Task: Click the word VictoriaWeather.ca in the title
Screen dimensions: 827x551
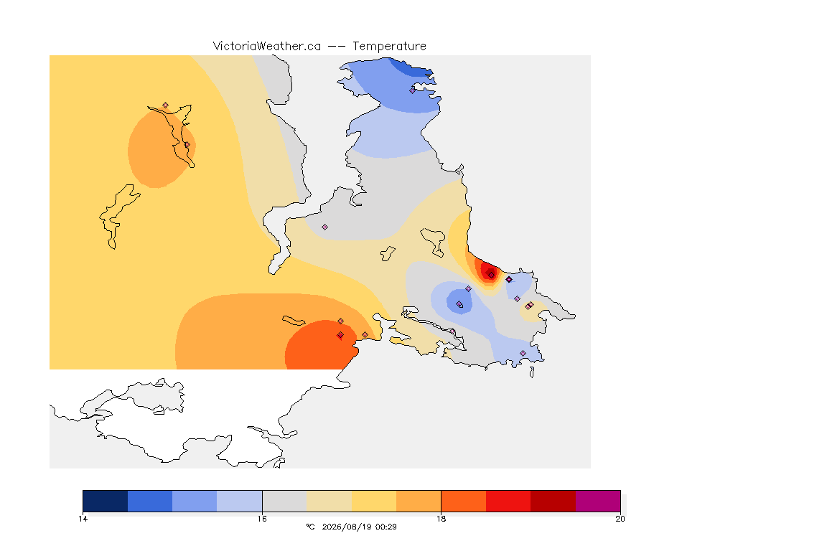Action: (267, 47)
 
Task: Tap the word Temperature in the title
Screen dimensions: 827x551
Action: (389, 47)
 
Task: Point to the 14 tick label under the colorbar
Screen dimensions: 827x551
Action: (83, 519)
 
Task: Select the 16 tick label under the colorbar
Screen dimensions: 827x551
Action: (262, 519)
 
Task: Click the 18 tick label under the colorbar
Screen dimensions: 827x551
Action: (441, 519)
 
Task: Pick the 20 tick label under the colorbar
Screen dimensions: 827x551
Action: (620, 519)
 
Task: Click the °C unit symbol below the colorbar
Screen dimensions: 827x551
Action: (310, 527)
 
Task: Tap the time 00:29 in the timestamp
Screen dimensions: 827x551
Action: (386, 527)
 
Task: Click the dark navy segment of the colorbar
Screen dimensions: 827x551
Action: (106, 501)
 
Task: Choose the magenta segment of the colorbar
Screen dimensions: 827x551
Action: (597, 501)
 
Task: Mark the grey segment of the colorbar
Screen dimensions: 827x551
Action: (284, 501)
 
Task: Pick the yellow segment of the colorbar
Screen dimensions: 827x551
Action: (374, 501)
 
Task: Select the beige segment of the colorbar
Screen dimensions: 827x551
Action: (329, 501)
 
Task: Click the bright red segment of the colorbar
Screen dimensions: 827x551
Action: (508, 501)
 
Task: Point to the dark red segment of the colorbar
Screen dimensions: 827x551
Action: (553, 501)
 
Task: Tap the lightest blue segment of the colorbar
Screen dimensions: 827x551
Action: (240, 501)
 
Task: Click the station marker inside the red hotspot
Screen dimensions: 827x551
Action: (491, 275)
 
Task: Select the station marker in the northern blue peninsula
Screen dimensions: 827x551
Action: (413, 90)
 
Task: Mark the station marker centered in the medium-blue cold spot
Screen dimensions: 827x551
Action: (459, 304)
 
